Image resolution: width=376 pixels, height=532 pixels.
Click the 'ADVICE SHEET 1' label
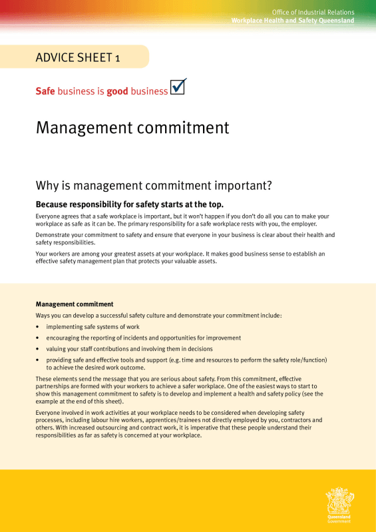(x=78, y=58)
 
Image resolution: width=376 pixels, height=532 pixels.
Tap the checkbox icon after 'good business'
(x=178, y=87)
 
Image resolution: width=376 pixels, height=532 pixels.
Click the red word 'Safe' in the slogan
(x=45, y=91)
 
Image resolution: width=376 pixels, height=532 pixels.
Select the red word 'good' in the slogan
(x=117, y=91)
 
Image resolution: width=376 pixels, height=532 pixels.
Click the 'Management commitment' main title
(x=132, y=127)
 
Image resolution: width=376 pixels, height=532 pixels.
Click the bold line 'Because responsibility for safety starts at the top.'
(x=129, y=204)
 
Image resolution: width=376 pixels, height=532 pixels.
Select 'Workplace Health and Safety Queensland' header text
(x=292, y=21)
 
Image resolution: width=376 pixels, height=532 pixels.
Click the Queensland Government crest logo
(x=339, y=503)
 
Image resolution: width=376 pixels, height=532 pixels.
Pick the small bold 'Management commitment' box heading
(x=74, y=304)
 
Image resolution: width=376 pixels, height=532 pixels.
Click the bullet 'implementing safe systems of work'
(x=93, y=327)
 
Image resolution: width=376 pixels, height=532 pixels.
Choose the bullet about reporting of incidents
(x=143, y=338)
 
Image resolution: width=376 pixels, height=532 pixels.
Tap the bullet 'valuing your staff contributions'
(x=129, y=349)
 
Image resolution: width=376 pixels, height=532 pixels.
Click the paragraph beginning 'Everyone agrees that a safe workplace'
(x=182, y=220)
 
